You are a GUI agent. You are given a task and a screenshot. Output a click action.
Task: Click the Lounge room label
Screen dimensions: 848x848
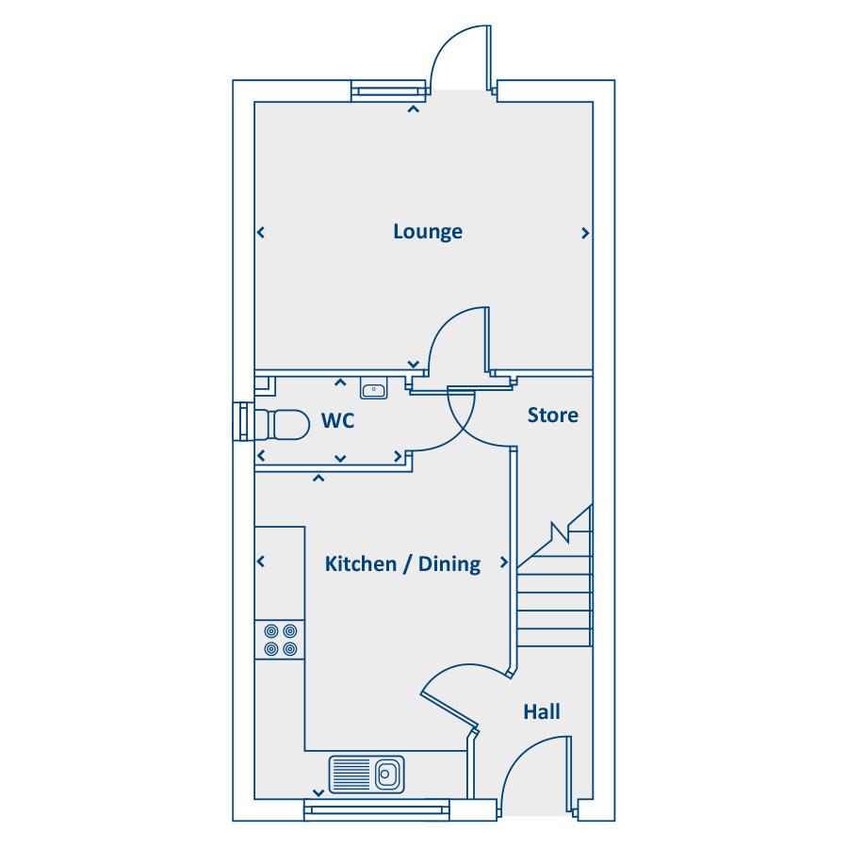[428, 232]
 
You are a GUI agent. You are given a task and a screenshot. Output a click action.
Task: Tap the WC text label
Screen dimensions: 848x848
[338, 421]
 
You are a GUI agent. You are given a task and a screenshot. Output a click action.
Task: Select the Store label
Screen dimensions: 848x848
[553, 416]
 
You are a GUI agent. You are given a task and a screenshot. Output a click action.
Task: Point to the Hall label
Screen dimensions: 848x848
[542, 711]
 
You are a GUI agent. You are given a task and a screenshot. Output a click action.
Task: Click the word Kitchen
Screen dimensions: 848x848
[361, 564]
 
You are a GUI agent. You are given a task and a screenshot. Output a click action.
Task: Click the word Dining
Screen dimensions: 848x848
[449, 564]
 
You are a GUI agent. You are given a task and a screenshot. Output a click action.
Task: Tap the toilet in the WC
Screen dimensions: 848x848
[282, 425]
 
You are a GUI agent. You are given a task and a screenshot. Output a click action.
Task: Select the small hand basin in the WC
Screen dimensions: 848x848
[374, 388]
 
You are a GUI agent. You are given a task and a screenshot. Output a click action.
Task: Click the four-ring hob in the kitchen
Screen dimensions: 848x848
[280, 639]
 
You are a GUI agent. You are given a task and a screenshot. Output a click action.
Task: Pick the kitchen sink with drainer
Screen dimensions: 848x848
[367, 775]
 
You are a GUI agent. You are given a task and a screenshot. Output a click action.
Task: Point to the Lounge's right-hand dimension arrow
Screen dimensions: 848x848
[585, 233]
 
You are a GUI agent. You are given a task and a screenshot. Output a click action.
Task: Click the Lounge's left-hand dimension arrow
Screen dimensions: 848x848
[261, 233]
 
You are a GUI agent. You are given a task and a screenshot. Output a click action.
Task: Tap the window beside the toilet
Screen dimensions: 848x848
[243, 421]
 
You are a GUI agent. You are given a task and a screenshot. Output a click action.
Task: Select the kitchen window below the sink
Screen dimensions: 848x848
[376, 809]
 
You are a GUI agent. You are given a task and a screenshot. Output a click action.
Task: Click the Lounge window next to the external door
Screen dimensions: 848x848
[389, 90]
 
